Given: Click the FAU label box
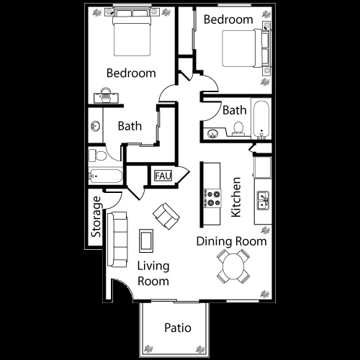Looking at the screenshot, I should (161, 175).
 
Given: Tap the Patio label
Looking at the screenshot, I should (177, 328).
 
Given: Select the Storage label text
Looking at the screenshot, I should (96, 217).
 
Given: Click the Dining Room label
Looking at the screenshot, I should (231, 241).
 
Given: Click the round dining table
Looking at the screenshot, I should (233, 266).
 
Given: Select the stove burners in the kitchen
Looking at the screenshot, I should (212, 195).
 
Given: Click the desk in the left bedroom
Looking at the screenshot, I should (105, 95).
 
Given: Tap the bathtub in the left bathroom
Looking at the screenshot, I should (104, 175).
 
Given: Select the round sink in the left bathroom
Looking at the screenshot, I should (95, 127).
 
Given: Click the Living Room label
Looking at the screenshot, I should (153, 273).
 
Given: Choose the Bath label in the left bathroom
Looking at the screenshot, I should (130, 126).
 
